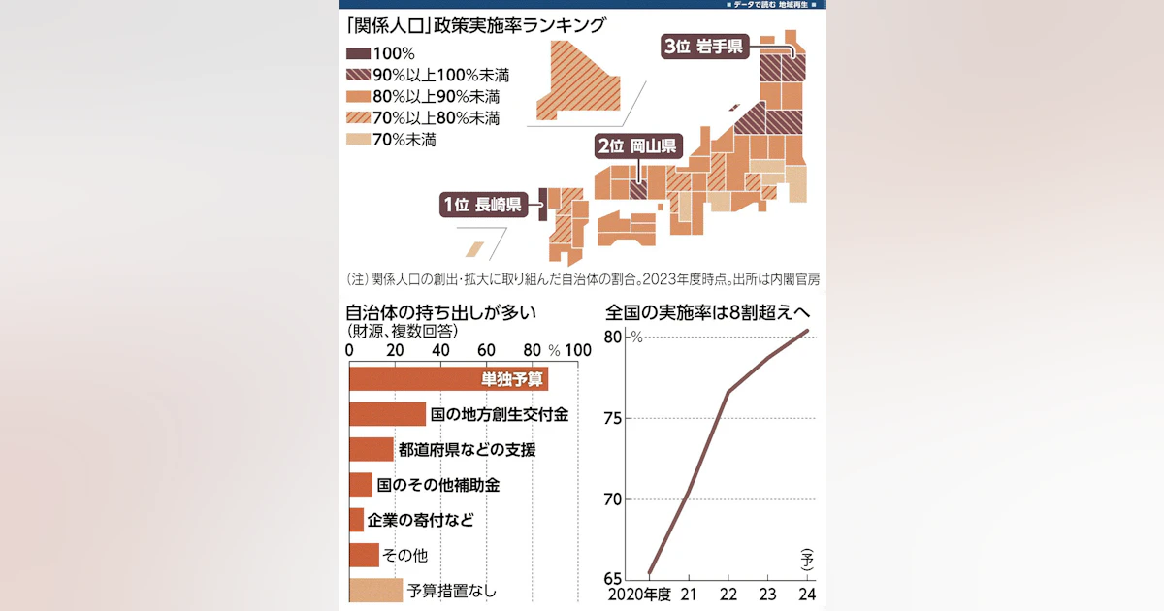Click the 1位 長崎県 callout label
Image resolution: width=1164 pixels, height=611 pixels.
pos(484,205)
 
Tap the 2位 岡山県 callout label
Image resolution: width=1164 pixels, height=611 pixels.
pos(638,146)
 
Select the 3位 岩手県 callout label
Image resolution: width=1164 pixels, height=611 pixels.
pos(704,47)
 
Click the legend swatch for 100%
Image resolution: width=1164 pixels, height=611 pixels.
pos(358,53)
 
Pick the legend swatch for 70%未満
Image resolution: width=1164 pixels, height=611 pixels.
pos(358,140)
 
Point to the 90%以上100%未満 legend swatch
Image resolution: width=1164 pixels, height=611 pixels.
pos(358,75)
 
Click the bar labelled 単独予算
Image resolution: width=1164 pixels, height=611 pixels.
pos(448,379)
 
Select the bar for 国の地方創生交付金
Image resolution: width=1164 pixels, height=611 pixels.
pos(388,414)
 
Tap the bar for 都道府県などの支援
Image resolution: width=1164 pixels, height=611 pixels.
pos(372,449)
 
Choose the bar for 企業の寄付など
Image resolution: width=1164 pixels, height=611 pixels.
pos(357,520)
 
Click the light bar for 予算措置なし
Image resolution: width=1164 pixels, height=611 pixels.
pos(375,591)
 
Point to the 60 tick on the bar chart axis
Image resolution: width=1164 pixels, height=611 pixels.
pos(486,350)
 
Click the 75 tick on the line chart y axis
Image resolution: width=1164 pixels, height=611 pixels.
pos(613,418)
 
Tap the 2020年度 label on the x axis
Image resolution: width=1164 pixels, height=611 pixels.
pos(639,595)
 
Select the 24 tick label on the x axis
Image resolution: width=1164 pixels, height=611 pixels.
pos(807,595)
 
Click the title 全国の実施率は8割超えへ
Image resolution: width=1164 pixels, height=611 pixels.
pos(708,312)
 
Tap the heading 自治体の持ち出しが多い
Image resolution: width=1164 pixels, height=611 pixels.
pos(440,312)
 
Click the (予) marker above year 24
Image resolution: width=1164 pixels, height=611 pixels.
pos(807,560)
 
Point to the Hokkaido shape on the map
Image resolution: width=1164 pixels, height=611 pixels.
pos(579,83)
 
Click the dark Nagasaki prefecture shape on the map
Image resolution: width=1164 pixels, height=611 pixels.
pos(543,205)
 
